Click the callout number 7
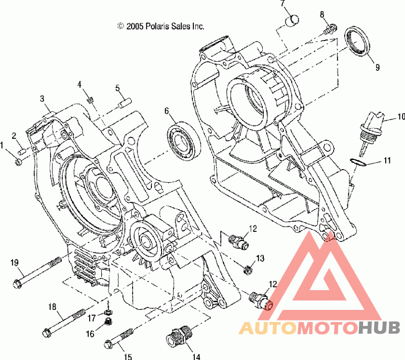[x=282, y=3]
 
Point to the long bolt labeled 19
[x=37, y=272]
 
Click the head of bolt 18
[x=47, y=333]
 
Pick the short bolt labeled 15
[x=119, y=338]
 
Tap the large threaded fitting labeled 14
[x=179, y=336]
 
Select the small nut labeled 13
[x=248, y=270]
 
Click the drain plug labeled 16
[x=109, y=322]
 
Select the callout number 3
[x=42, y=99]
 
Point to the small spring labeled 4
[x=91, y=99]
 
